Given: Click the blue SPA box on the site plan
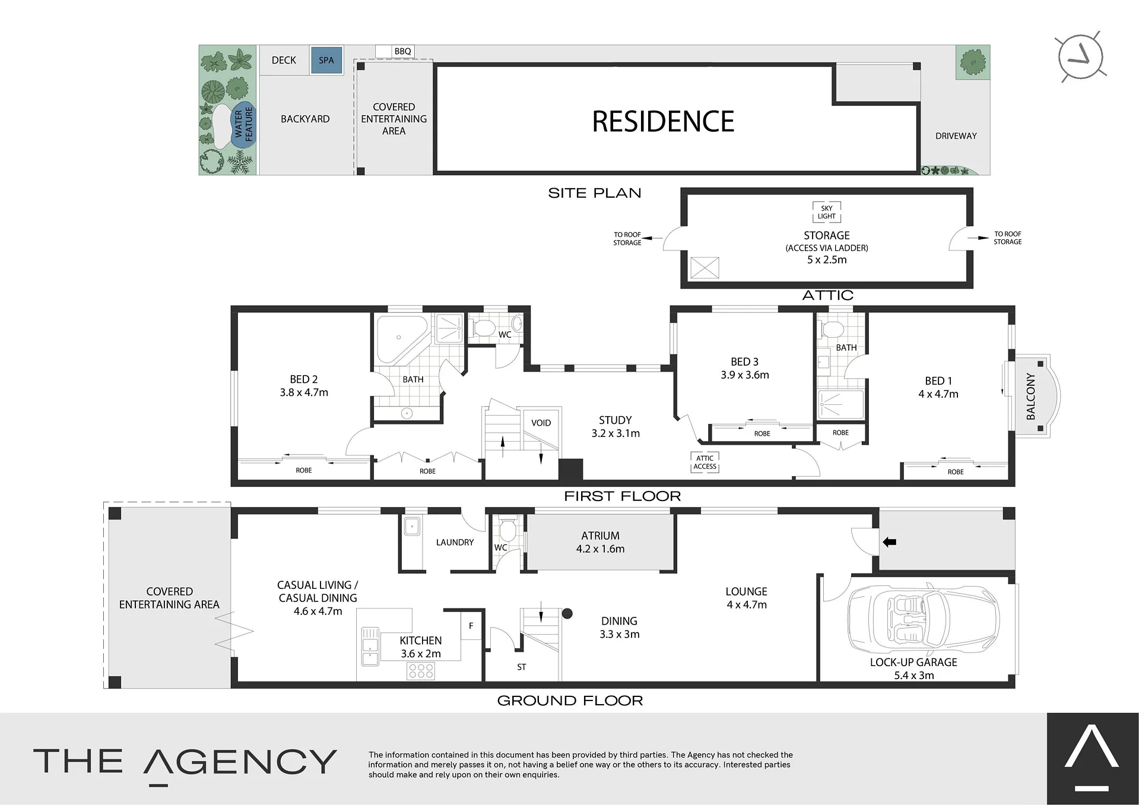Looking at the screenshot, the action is pos(326,60).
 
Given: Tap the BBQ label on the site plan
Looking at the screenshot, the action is pos(402,52).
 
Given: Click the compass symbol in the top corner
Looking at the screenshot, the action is pos(1080,57).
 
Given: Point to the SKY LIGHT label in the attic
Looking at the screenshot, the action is pos(827,212).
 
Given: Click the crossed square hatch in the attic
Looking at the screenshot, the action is pos(705,268).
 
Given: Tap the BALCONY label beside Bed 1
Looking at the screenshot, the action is pos(1030,396).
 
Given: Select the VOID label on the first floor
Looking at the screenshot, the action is pos(541,423).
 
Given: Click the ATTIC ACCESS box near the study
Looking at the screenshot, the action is pos(705,462).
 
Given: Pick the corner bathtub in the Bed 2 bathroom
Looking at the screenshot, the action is pos(400,338).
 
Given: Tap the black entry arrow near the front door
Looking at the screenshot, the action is pos(889,542).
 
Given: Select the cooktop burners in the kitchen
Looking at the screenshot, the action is pos(421,671).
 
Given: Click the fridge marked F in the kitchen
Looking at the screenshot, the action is pos(471,626).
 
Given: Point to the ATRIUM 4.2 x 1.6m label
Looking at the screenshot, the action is pos(600,542).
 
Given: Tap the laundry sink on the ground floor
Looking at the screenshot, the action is pos(412,526).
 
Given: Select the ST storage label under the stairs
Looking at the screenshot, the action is pos(521,667).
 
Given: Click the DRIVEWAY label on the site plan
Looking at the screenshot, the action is pos(956,136).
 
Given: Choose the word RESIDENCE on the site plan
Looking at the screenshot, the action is pos(663,122).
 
